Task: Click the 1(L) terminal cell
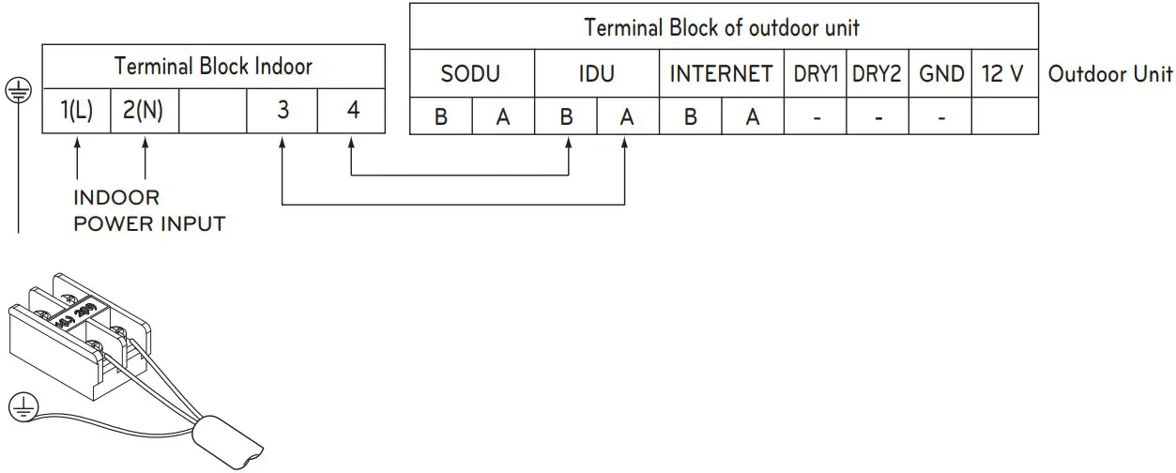pyautogui.click(x=77, y=111)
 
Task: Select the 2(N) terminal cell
pyautogui.click(x=144, y=111)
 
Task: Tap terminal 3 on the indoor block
pyautogui.click(x=283, y=111)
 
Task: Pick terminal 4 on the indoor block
pyautogui.click(x=352, y=111)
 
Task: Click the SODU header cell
pyautogui.click(x=471, y=73)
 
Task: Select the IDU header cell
pyautogui.click(x=596, y=73)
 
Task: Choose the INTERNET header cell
pyautogui.click(x=721, y=73)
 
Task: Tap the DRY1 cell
pyautogui.click(x=815, y=73)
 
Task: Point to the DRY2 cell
pyautogui.click(x=877, y=73)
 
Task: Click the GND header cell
pyautogui.click(x=940, y=73)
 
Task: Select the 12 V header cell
pyautogui.click(x=1004, y=73)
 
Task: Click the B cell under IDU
pyautogui.click(x=566, y=118)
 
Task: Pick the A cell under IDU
pyautogui.click(x=627, y=118)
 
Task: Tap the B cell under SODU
pyautogui.click(x=440, y=118)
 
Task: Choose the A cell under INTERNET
pyautogui.click(x=752, y=118)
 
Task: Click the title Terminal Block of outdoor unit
pyautogui.click(x=722, y=26)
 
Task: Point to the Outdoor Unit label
pyautogui.click(x=1110, y=74)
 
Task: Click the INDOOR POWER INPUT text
pyautogui.click(x=149, y=211)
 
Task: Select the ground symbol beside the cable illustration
pyautogui.click(x=23, y=406)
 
